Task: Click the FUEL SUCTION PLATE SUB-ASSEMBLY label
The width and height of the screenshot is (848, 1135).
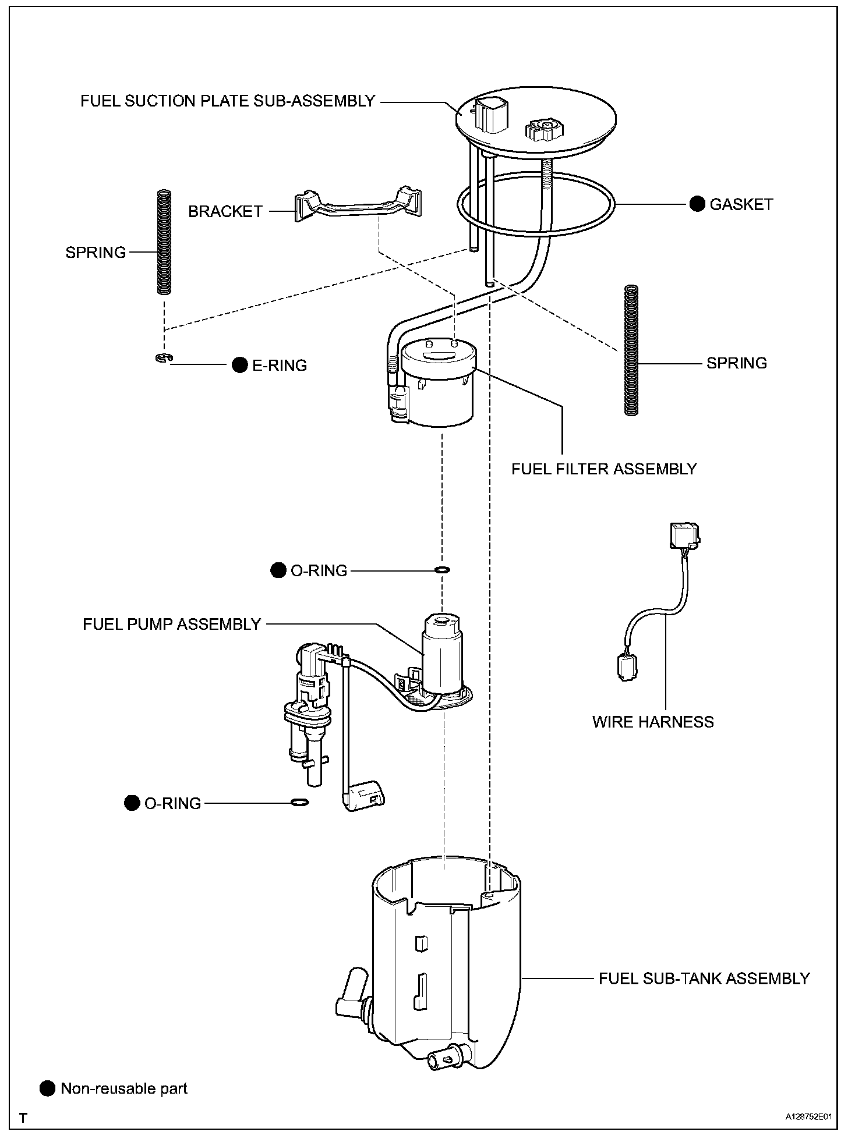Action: point(227,101)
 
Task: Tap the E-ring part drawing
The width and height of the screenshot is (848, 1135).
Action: point(164,358)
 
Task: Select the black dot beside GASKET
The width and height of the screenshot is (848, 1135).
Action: point(697,204)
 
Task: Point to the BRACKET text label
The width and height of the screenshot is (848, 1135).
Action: point(225,211)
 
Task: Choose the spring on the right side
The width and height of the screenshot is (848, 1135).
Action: point(631,350)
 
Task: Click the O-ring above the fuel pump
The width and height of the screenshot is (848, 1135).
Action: point(442,569)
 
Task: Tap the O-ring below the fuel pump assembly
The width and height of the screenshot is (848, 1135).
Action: point(299,803)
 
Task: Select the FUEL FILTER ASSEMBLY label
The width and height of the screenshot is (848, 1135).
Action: point(604,469)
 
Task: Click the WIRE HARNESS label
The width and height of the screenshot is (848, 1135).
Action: point(653,722)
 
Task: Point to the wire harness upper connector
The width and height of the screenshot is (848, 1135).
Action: point(684,535)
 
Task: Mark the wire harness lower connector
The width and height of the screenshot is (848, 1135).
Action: point(627,667)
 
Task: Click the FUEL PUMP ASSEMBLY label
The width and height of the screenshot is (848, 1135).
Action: point(172,625)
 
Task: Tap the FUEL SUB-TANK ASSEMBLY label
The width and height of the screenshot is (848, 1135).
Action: point(704,978)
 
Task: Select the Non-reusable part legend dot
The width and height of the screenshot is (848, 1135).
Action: point(47,1088)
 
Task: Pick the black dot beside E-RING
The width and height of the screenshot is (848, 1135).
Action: point(239,365)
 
